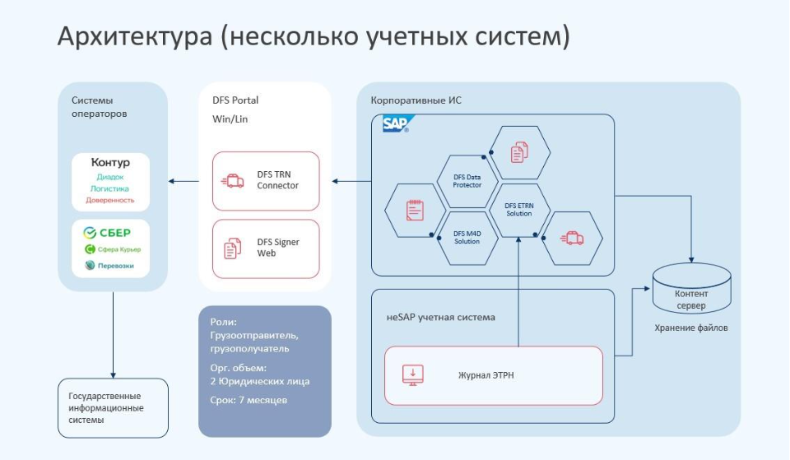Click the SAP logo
(395, 124)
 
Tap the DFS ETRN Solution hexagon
(518, 210)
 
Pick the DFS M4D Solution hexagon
(467, 238)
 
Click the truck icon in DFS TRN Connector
(235, 180)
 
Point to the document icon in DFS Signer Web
(235, 248)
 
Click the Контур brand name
(110, 163)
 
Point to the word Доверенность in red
(110, 200)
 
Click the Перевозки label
(115, 266)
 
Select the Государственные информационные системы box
(113, 408)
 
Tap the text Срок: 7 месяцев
(249, 400)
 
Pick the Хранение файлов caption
(691, 328)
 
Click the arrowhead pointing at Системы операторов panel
(172, 180)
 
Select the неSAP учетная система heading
(440, 317)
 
